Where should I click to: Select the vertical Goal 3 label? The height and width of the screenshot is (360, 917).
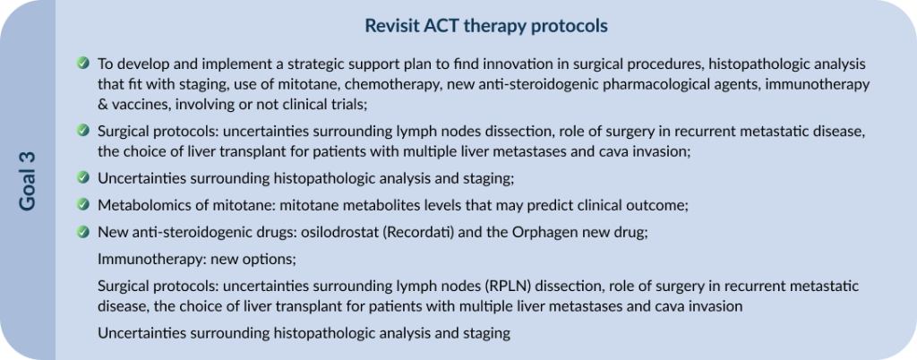pyautogui.click(x=27, y=181)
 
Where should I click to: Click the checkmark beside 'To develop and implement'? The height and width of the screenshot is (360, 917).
pyautogui.click(x=83, y=63)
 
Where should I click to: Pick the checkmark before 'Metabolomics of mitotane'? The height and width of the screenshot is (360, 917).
pyautogui.click(x=83, y=204)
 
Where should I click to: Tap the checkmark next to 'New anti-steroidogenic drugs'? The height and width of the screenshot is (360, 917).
pyautogui.click(x=83, y=231)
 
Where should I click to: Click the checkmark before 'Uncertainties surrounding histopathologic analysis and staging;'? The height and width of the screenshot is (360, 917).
pyautogui.click(x=83, y=177)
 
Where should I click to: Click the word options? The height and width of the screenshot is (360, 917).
pyautogui.click(x=274, y=260)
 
